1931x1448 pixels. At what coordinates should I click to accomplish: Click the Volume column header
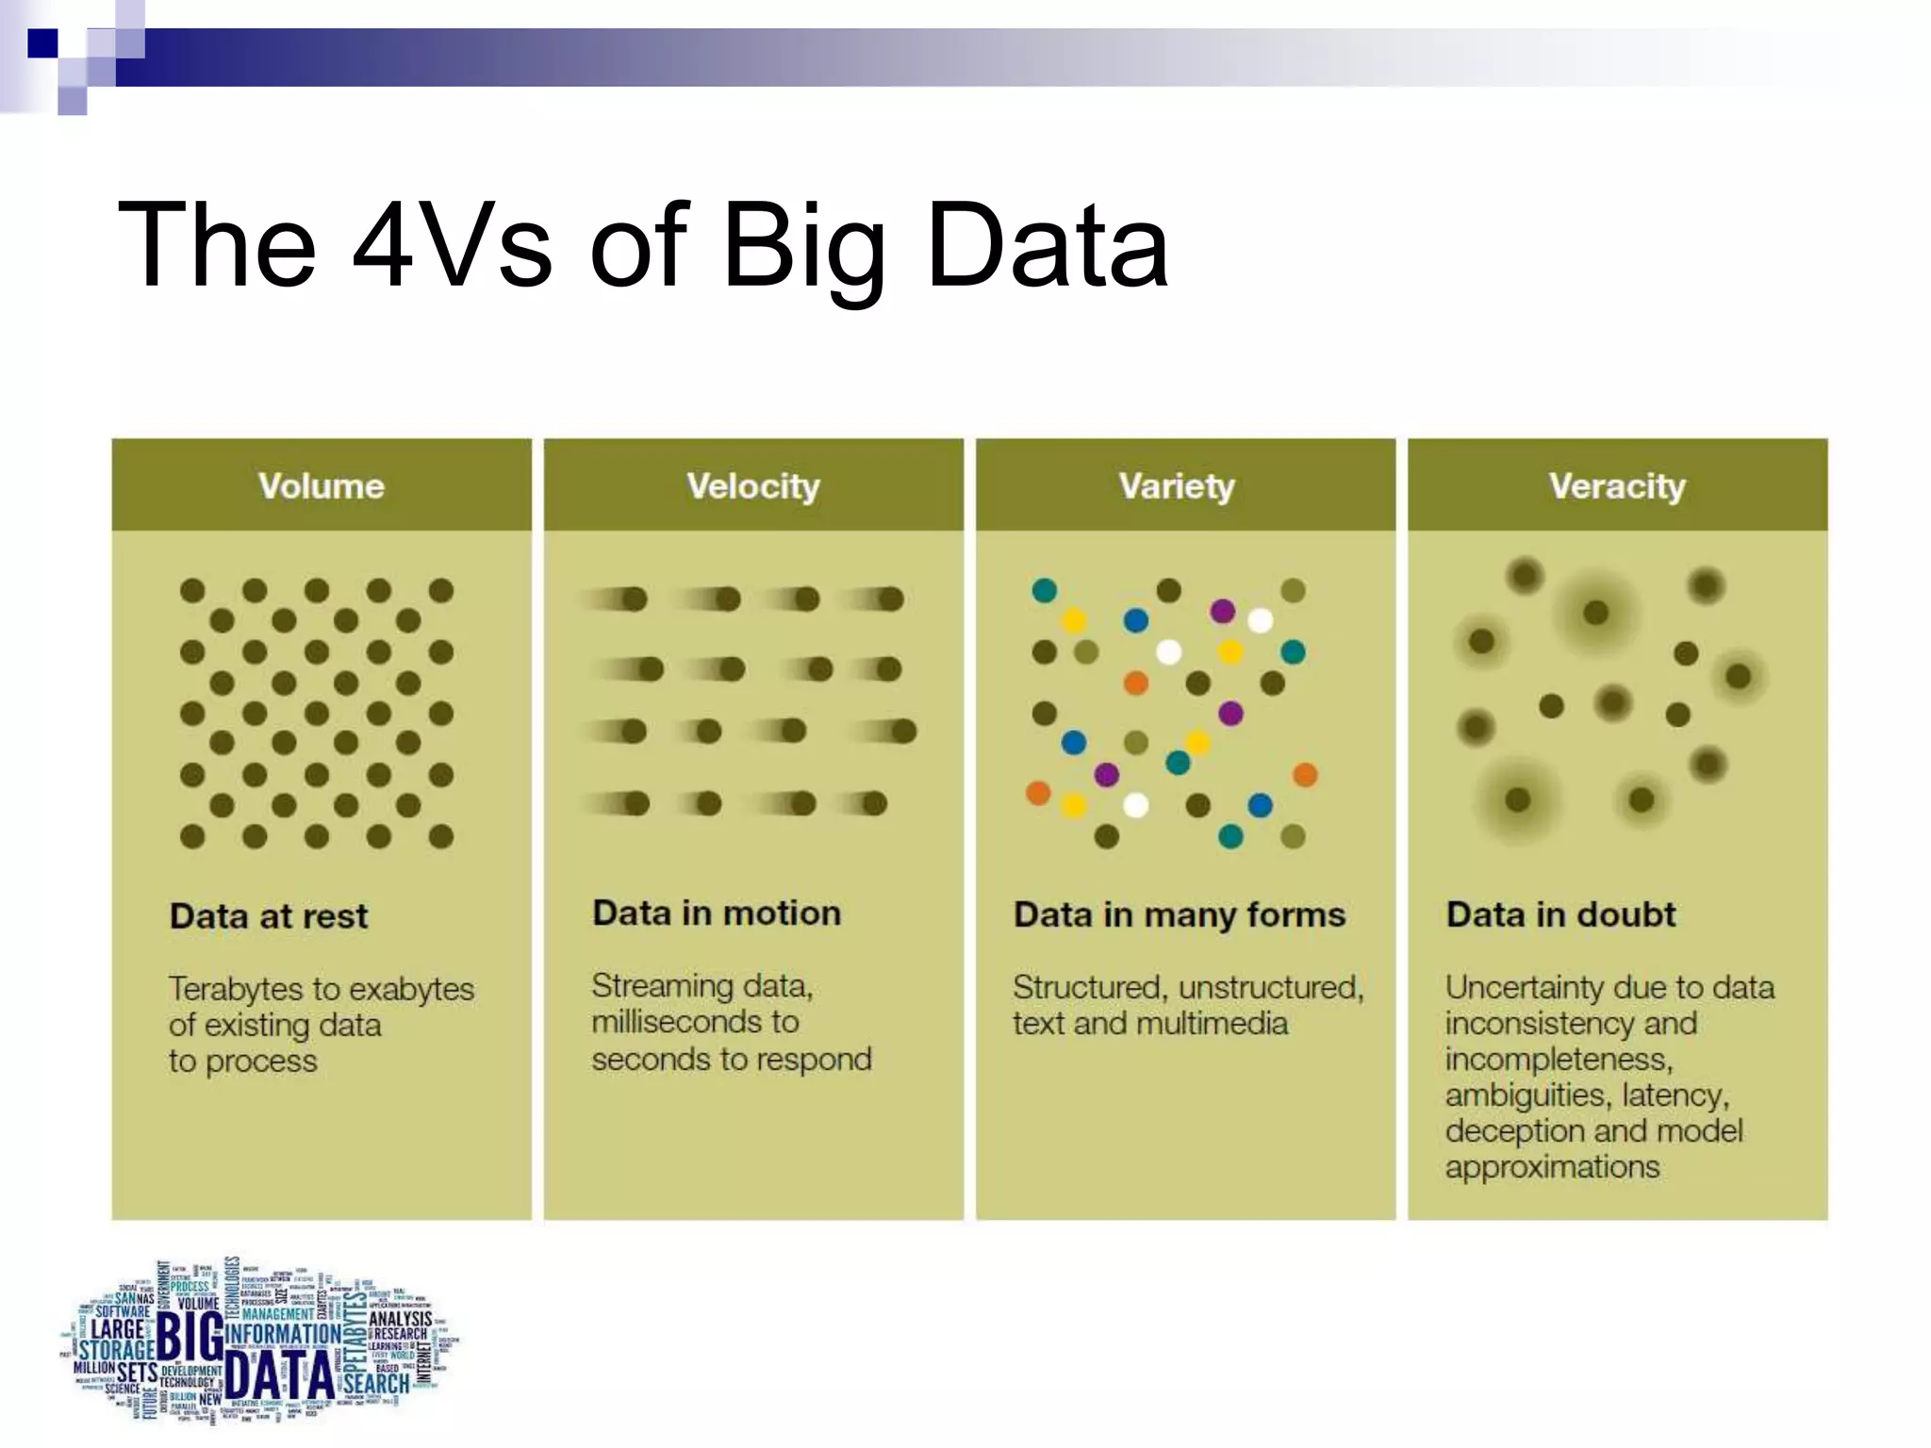click(322, 486)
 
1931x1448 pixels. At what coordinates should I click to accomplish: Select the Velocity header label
click(753, 486)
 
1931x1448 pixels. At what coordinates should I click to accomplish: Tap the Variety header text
click(1176, 486)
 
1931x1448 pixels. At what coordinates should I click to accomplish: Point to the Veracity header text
click(1616, 486)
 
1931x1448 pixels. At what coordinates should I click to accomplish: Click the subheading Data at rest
click(269, 916)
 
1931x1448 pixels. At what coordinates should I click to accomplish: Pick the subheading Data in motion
click(717, 913)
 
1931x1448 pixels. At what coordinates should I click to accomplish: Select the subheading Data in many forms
click(1179, 915)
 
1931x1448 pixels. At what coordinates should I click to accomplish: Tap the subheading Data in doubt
click(1560, 914)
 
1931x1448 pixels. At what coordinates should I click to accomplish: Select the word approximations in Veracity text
click(1552, 1168)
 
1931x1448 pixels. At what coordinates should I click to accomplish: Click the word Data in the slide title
click(1047, 246)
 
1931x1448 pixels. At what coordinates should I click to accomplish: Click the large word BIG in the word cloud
click(190, 1337)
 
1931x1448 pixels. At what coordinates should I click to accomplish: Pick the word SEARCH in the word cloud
click(376, 1383)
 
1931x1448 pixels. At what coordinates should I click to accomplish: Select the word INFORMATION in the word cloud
click(284, 1334)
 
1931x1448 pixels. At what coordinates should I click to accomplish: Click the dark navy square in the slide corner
click(42, 43)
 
